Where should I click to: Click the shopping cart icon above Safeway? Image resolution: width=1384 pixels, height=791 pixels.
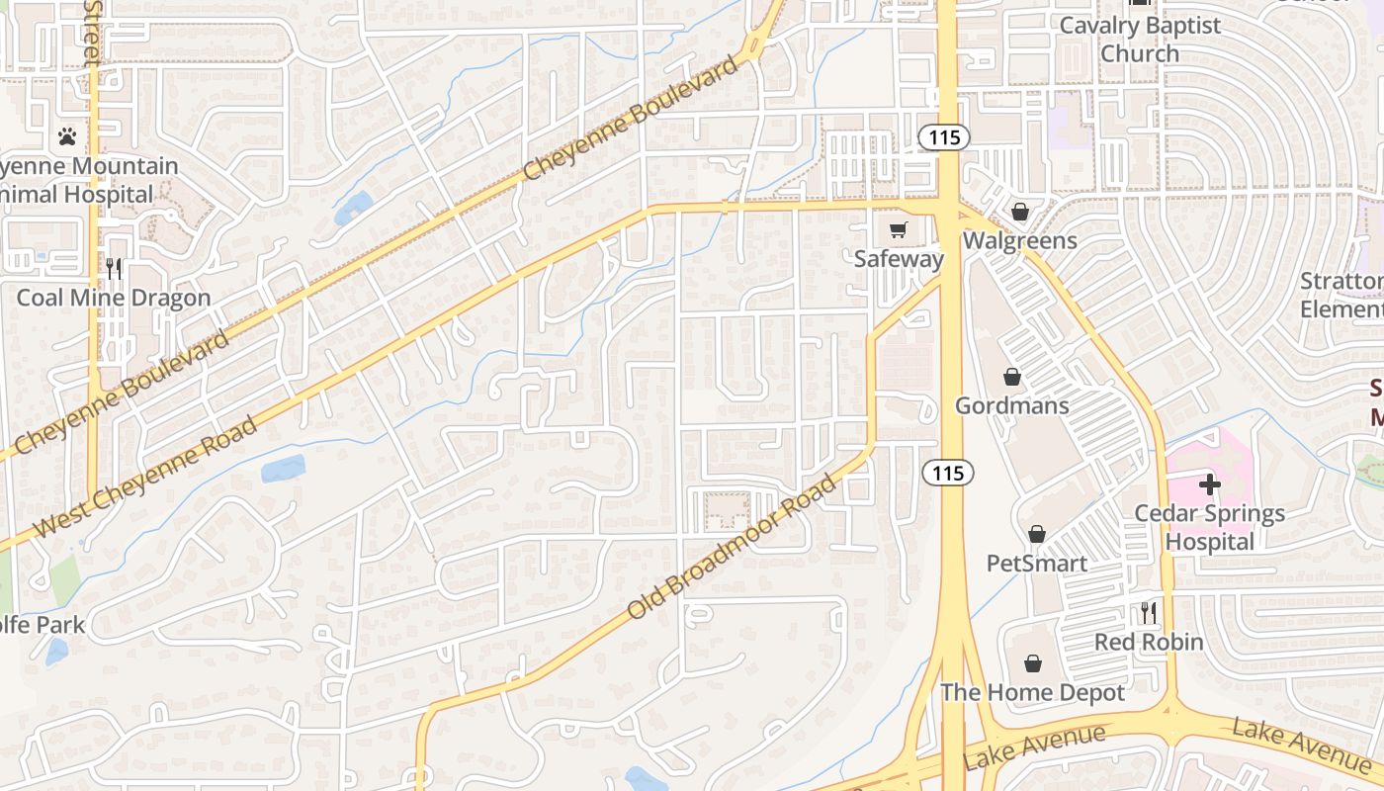[x=898, y=230]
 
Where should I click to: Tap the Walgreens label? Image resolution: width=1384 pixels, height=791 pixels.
[x=1019, y=240]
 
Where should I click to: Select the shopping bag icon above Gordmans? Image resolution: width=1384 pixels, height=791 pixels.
[x=1011, y=377]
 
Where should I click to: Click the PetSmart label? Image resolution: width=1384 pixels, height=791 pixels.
[x=1036, y=564]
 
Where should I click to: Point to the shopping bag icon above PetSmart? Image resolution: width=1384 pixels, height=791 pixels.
[x=1036, y=535]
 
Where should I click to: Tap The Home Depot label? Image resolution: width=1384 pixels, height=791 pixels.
[x=1032, y=692]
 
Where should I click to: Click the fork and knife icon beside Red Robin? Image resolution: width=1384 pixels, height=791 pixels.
[x=1148, y=613]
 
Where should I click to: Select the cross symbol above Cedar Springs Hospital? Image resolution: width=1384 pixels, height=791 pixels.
[x=1209, y=484]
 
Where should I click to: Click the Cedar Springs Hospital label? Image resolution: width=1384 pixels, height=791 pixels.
[x=1209, y=527]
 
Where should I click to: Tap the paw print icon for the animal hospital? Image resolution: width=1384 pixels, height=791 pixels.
[x=67, y=136]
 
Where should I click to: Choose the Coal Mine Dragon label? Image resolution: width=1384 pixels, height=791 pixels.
[x=114, y=298]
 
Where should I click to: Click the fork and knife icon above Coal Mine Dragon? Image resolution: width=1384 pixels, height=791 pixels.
[x=114, y=269]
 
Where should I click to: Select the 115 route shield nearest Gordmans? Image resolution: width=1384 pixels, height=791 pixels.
[x=947, y=474]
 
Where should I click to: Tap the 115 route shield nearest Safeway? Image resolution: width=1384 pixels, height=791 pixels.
[x=944, y=137]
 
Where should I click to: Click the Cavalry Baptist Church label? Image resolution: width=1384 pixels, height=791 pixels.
[x=1140, y=40]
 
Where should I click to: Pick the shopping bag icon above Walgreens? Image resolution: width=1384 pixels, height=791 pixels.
[x=1019, y=212]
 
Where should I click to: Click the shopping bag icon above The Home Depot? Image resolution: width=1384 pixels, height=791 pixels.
[x=1032, y=663]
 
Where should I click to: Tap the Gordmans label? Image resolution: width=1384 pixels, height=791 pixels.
[x=1011, y=405]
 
